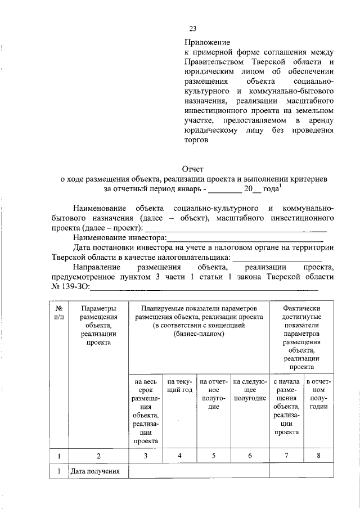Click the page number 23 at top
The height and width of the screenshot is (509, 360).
coord(192,29)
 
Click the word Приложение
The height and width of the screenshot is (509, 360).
coord(208,42)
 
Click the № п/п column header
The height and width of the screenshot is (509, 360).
coord(59,313)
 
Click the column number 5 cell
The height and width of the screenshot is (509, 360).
coord(213,456)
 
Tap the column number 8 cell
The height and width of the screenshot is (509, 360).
coord(318,456)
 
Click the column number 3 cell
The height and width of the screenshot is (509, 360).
coord(145,456)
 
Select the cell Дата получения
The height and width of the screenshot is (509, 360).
coord(96,471)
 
